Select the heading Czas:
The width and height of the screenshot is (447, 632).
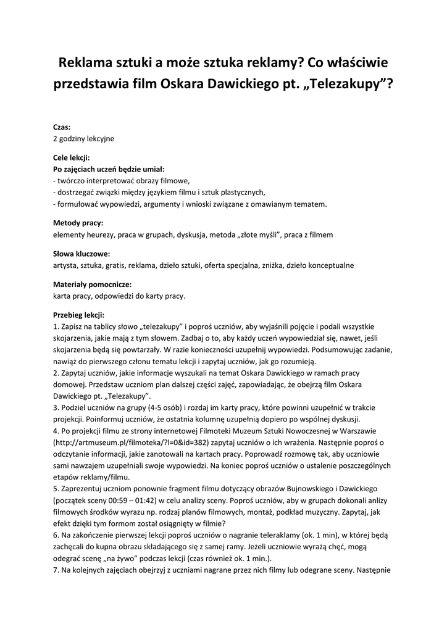tap(62, 127)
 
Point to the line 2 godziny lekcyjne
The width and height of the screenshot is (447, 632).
tap(83, 138)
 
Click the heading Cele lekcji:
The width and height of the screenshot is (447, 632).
tap(72, 158)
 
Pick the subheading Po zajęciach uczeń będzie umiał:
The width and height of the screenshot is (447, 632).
tap(109, 169)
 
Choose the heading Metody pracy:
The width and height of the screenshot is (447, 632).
tap(78, 223)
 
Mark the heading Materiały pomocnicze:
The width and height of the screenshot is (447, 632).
tap(92, 285)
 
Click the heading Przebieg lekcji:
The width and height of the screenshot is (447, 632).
tap(79, 315)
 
